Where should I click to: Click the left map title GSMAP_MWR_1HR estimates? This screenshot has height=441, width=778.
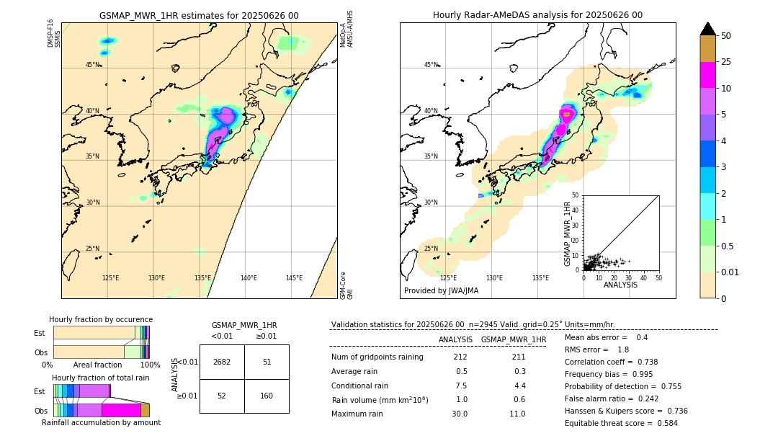pos(199,15)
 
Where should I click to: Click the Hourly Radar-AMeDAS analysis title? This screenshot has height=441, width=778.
pos(537,15)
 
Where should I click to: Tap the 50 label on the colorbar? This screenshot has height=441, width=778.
pos(726,36)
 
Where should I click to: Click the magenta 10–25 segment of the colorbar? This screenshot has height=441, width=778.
pos(707,75)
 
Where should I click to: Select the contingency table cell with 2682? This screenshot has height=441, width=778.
pos(222,362)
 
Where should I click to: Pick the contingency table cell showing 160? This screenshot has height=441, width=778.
pos(267,396)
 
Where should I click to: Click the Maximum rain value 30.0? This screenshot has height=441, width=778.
pos(460,414)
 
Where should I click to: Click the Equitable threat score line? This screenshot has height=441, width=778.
pos(621,423)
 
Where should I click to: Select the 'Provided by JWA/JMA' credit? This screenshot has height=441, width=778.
pos(441,290)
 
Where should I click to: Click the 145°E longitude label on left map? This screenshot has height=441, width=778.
pos(294,278)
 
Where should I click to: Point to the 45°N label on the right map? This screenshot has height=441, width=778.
pos(431,65)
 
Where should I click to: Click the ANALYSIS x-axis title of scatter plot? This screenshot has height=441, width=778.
pos(620,285)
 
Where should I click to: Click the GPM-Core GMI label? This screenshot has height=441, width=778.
pos(345,285)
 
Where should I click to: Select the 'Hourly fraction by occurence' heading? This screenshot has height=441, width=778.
pos(101,319)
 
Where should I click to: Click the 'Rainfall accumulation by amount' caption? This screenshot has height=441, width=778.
pos(101,422)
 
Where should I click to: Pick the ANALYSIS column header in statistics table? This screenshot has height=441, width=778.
pos(455,339)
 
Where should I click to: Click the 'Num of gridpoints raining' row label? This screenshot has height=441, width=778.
pos(377,357)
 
